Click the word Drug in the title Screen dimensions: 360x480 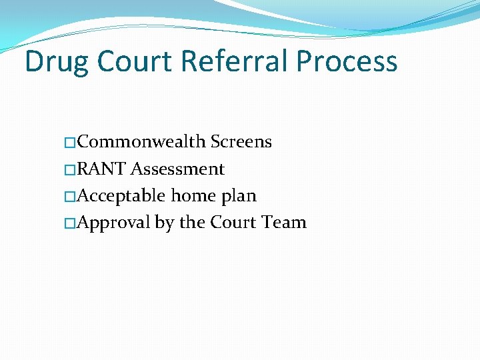(x=57, y=62)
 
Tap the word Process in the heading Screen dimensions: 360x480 (x=347, y=62)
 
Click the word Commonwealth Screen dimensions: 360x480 (x=141, y=142)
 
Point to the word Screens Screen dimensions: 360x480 (x=241, y=142)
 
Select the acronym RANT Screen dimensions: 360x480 (x=102, y=169)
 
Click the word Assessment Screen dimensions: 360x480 (x=177, y=169)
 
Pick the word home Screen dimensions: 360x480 (x=193, y=196)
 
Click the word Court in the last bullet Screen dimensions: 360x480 (x=233, y=223)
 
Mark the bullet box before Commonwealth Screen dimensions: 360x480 (x=71, y=143)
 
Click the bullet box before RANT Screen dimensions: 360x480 (x=71, y=170)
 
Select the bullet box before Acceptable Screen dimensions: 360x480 (x=71, y=197)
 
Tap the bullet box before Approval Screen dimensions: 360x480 (x=71, y=223)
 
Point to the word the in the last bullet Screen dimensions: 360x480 (x=193, y=223)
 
